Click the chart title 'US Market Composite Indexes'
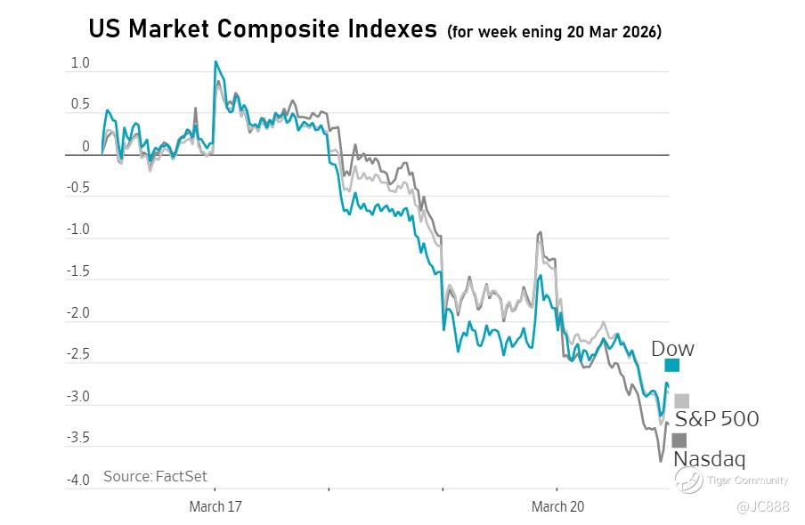(x=264, y=29)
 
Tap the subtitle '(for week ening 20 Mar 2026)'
(x=554, y=32)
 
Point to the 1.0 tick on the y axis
(x=80, y=63)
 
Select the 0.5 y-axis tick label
(x=80, y=105)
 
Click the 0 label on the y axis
(x=86, y=147)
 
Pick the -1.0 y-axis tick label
(x=78, y=230)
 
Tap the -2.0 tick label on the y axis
(x=78, y=313)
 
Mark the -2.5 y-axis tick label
(x=78, y=355)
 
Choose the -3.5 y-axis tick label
(x=78, y=439)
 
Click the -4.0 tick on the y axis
(x=78, y=481)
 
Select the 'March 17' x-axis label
(x=215, y=507)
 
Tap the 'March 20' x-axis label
(x=557, y=507)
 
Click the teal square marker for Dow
(x=671, y=365)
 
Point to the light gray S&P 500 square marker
(x=681, y=400)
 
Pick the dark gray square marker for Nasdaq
(x=679, y=440)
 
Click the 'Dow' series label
(x=672, y=348)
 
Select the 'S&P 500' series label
(x=717, y=419)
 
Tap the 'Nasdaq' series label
(x=709, y=459)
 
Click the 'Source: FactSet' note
(x=155, y=476)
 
